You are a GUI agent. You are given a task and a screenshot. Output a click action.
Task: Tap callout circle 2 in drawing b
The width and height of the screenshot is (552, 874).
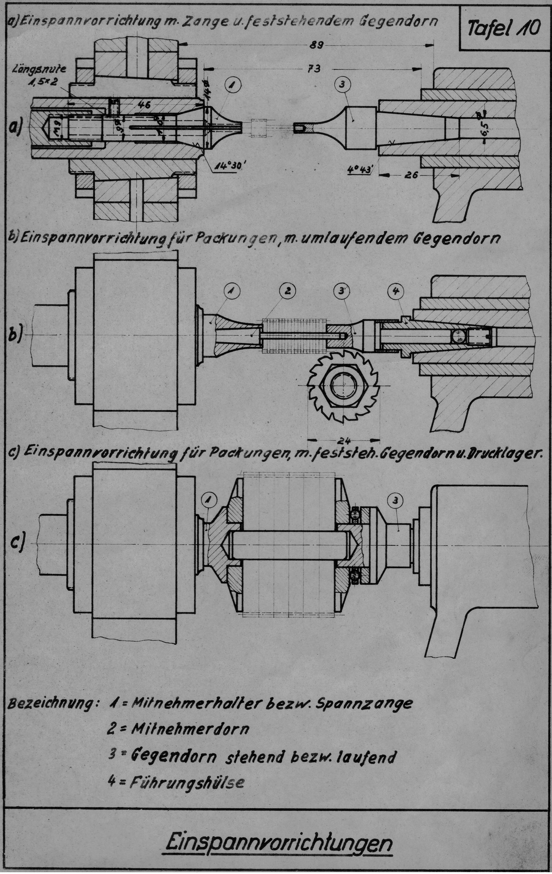(x=287, y=290)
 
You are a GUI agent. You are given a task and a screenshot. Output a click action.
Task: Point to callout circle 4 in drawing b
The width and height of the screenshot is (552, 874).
(x=396, y=291)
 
